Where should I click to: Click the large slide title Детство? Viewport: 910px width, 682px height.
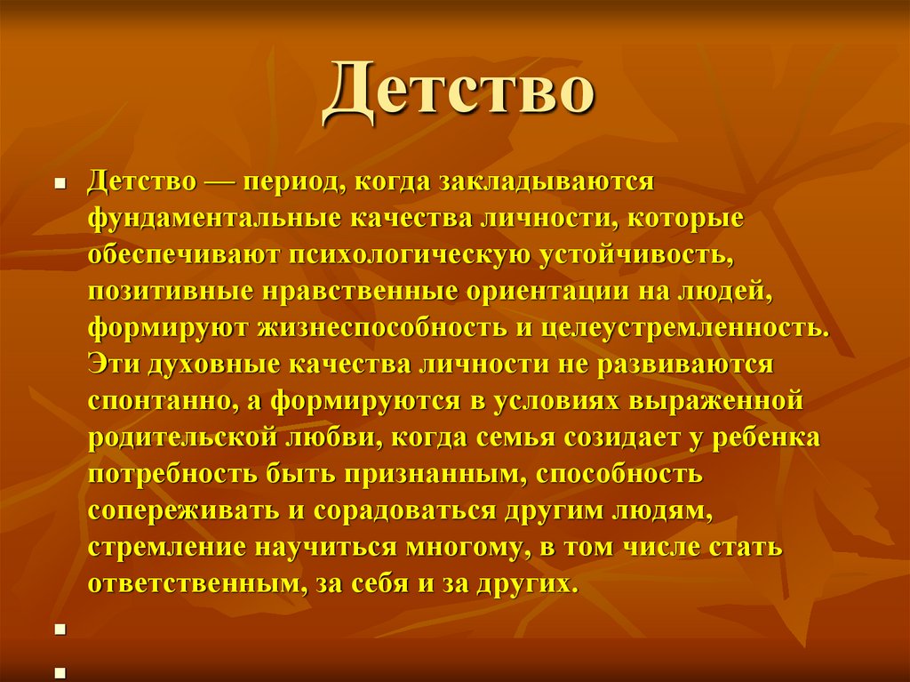click(x=457, y=92)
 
